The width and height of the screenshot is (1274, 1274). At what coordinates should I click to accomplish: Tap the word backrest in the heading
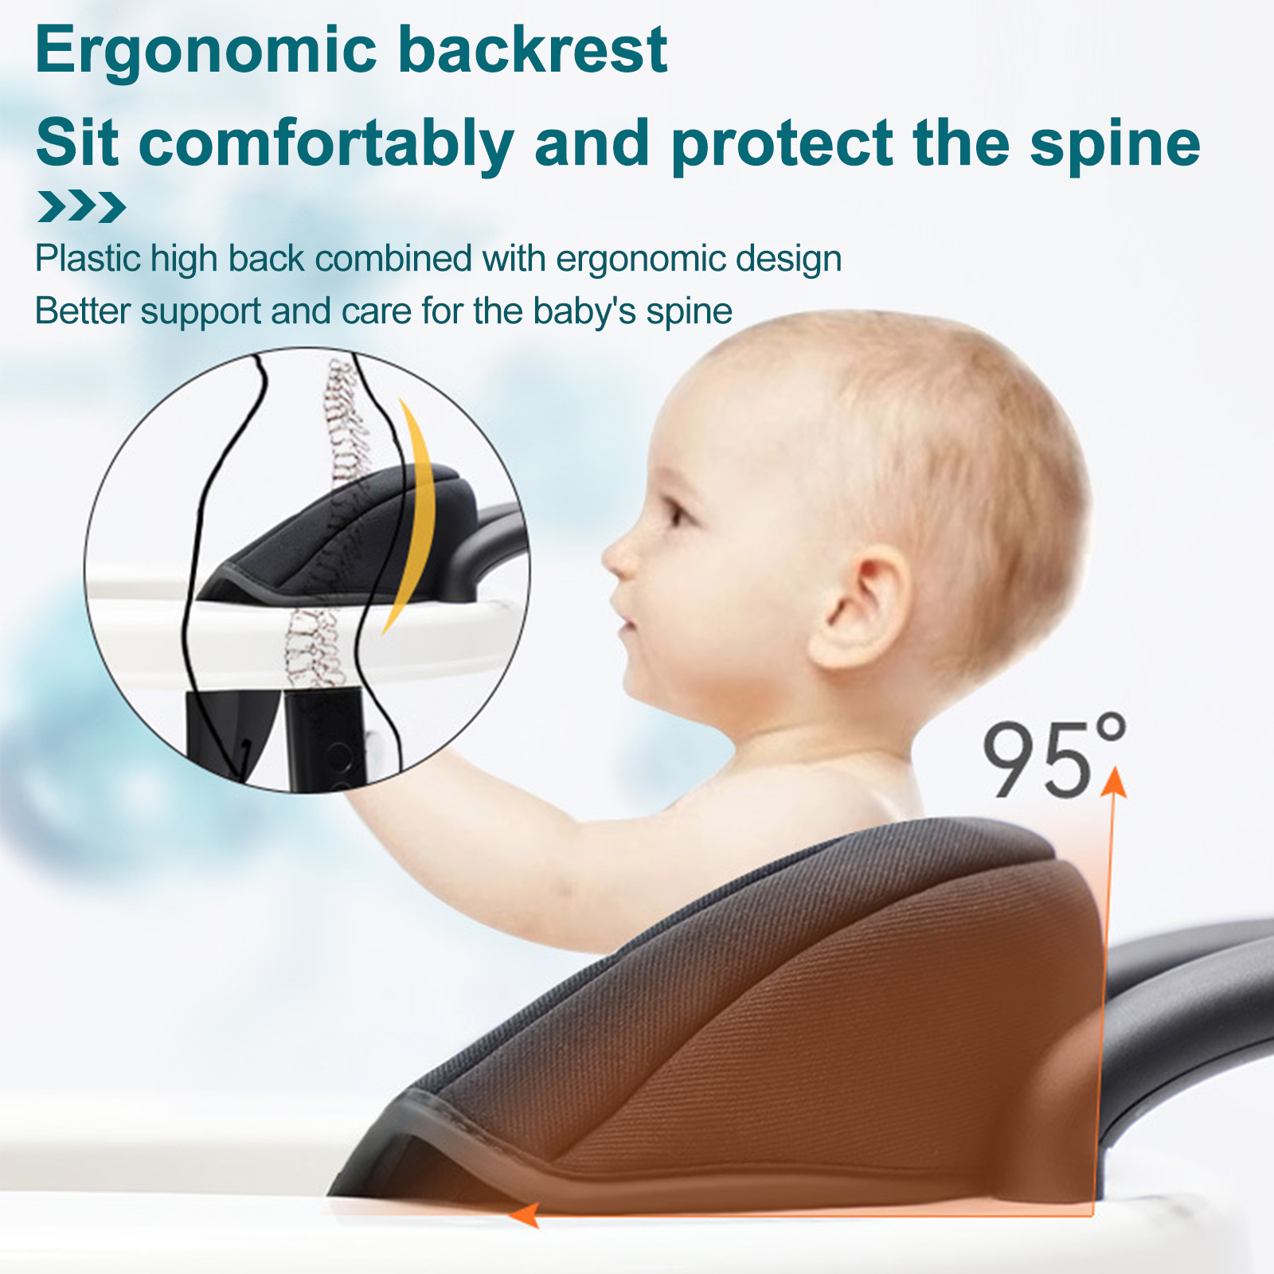click(532, 49)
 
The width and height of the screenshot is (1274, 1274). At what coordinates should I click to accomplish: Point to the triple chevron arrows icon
click(81, 207)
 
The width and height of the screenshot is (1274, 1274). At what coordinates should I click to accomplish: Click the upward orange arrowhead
click(1114, 781)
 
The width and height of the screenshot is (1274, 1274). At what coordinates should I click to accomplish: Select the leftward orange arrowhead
click(523, 1215)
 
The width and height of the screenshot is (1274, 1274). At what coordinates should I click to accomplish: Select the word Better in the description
click(83, 311)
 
